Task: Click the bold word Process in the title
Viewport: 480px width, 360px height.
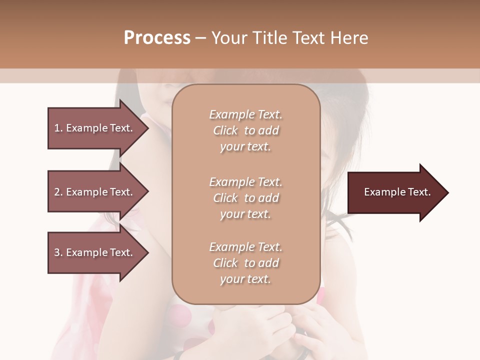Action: [157, 38]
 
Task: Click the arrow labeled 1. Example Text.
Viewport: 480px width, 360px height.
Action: [95, 128]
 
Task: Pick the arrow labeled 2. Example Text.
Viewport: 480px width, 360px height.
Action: [95, 192]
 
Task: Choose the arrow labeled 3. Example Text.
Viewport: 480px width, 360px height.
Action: [95, 252]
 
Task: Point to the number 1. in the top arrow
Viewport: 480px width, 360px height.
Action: [58, 128]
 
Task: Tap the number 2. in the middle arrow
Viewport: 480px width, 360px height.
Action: [58, 192]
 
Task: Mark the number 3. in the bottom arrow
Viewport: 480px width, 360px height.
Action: [58, 252]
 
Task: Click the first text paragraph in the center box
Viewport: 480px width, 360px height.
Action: [245, 130]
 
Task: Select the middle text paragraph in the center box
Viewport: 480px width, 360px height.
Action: [245, 198]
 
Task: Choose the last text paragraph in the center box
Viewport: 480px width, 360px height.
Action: [245, 263]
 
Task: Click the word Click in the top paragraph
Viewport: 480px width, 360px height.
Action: [225, 130]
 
